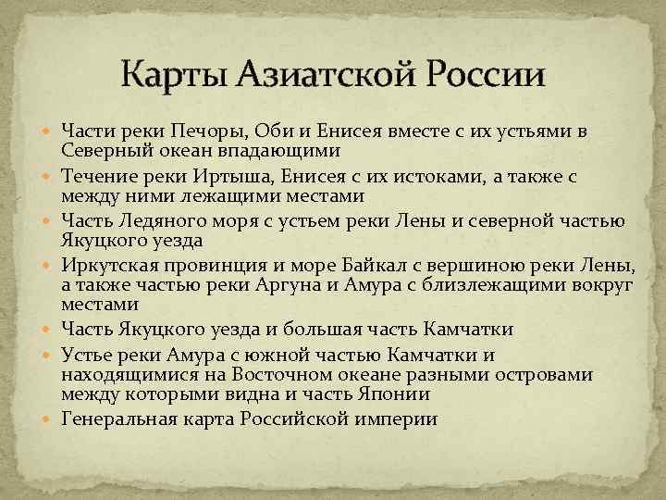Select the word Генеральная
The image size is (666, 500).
click(117, 419)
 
